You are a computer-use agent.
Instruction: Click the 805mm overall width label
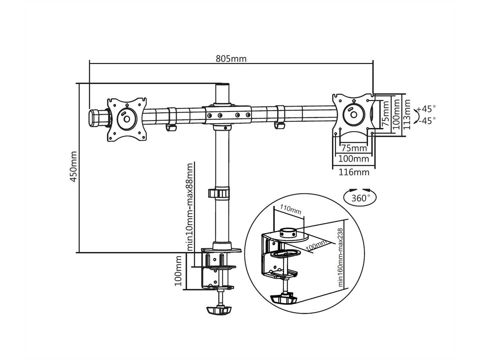tap(231, 59)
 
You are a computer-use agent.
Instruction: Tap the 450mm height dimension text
tap(74, 167)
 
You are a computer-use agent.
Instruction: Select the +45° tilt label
tap(427, 108)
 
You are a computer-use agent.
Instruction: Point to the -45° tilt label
tap(427, 120)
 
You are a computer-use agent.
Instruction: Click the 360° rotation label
tap(360, 198)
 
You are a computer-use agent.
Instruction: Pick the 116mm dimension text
tap(354, 172)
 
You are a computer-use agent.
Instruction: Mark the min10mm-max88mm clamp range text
tap(190, 207)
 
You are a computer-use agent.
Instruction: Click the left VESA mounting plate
tap(127, 119)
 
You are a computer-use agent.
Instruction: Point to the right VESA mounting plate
tap(354, 113)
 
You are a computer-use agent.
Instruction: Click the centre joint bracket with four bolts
tap(227, 115)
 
